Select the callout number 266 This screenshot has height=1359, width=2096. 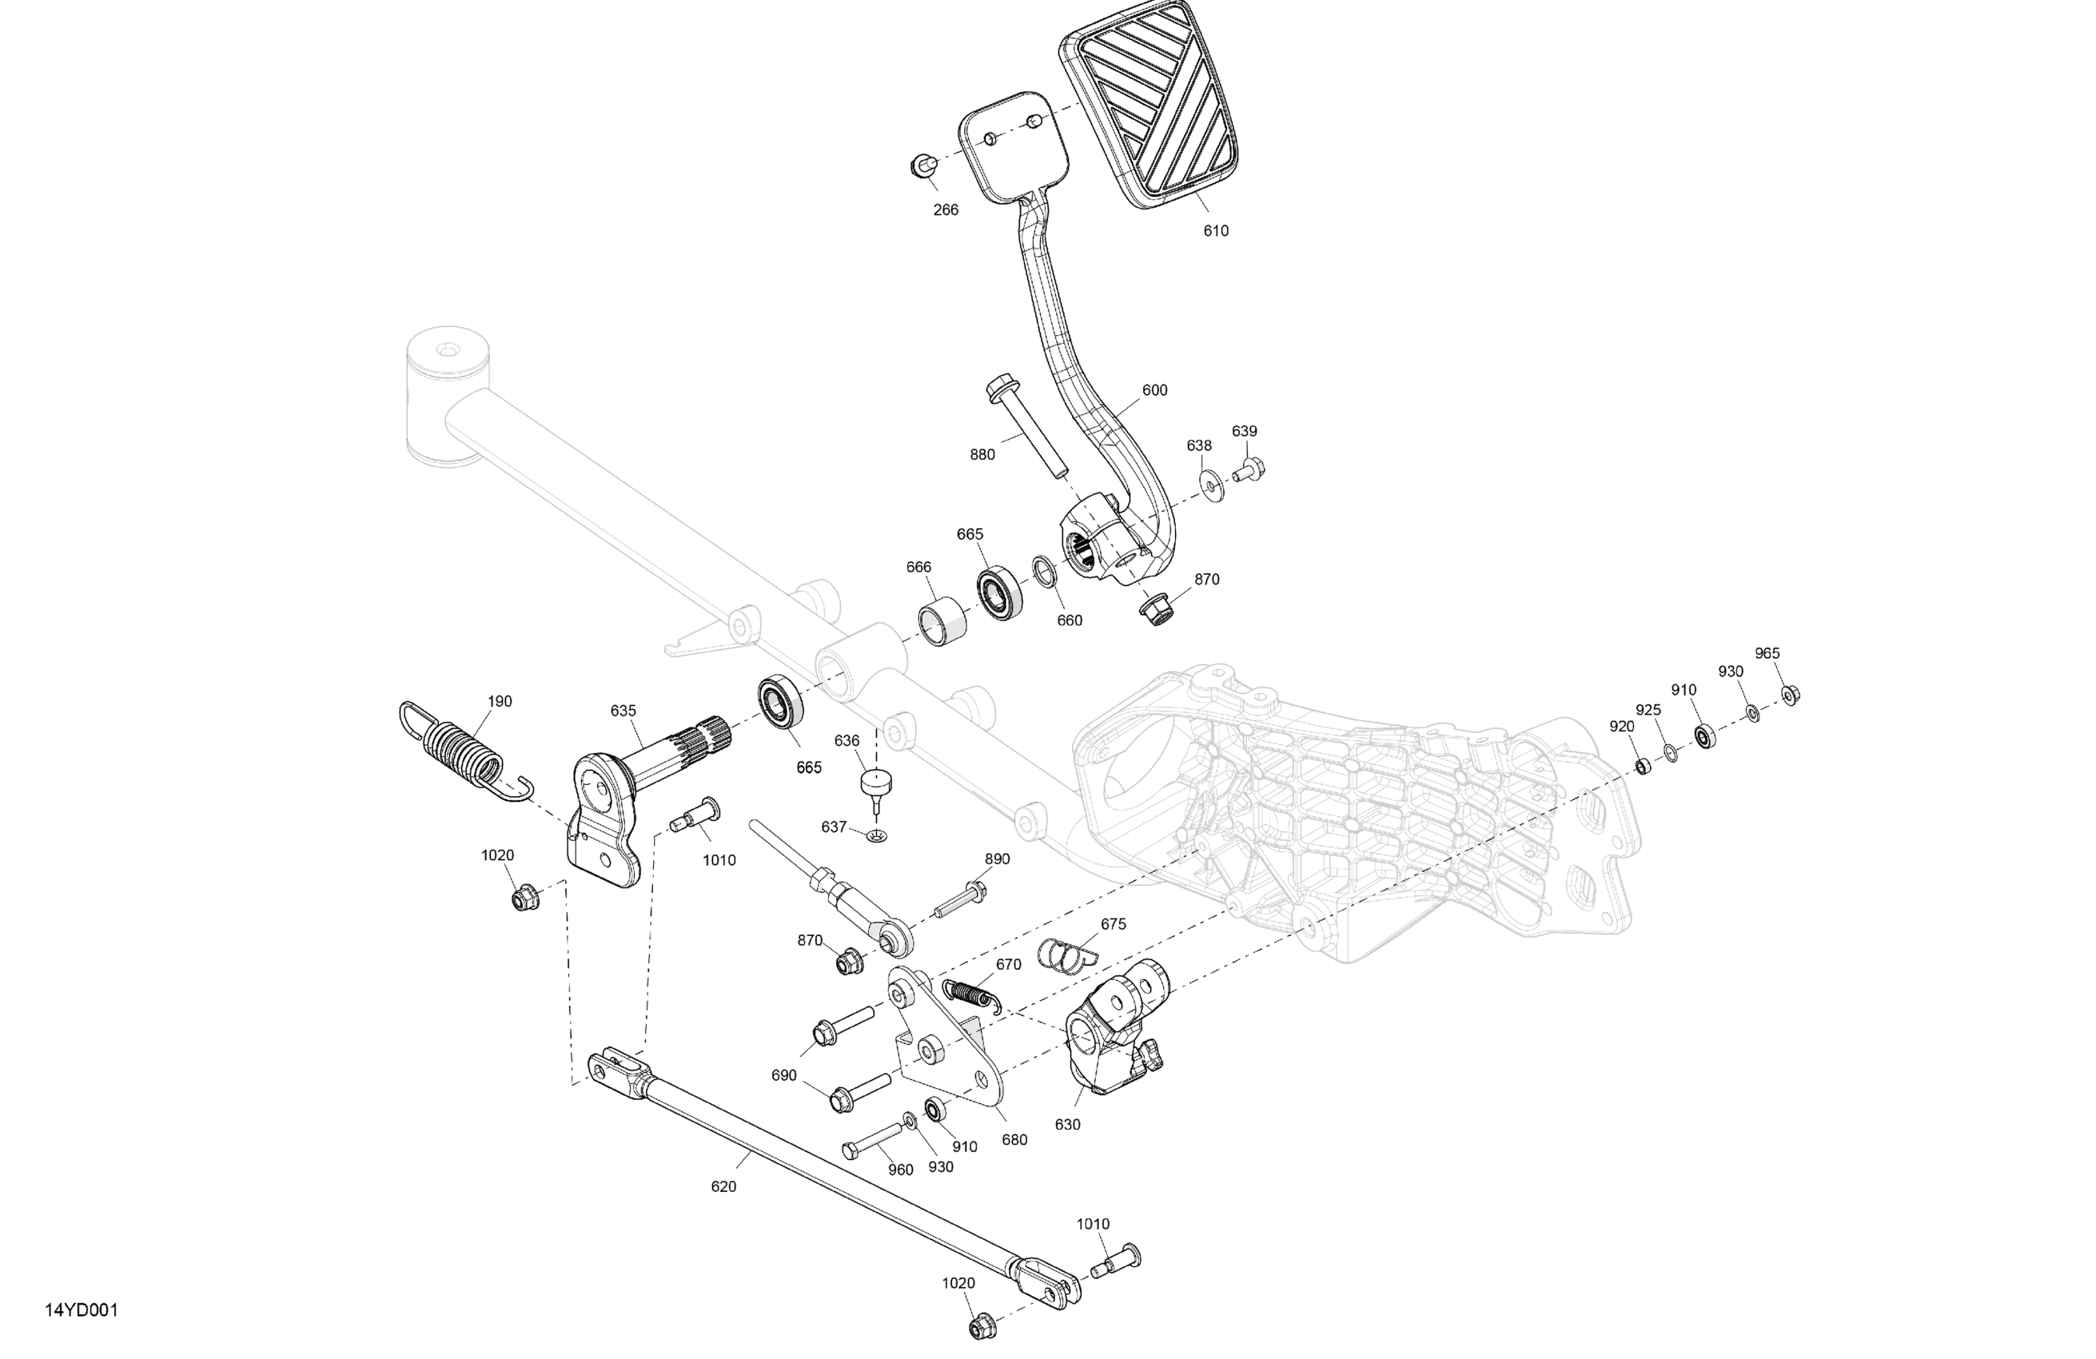click(945, 209)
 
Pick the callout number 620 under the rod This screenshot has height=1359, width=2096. click(723, 1186)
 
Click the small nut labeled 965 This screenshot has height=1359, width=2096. click(1790, 695)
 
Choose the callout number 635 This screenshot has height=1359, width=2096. click(623, 711)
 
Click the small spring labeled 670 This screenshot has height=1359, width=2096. click(970, 994)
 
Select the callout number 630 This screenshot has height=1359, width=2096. click(1066, 1125)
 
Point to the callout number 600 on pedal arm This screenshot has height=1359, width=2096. click(1154, 390)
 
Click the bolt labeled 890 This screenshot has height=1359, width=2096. click(962, 899)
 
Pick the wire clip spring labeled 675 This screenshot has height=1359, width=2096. click(1063, 954)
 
